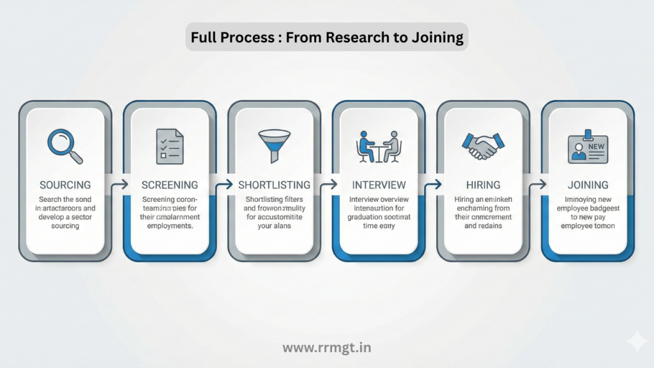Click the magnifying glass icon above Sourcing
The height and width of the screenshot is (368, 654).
coord(65,145)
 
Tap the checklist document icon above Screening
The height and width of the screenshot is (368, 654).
coord(169,146)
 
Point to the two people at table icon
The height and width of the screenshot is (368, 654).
coord(379,146)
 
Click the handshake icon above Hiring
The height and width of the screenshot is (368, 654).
coord(483,146)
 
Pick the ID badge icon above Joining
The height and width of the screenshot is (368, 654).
coord(588,146)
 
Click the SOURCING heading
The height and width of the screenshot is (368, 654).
coord(65,185)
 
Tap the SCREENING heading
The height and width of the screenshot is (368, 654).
coord(169,185)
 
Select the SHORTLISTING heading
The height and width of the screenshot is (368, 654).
coord(274,185)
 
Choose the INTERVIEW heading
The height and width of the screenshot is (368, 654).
coord(379,185)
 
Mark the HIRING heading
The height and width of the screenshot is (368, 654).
coord(483,185)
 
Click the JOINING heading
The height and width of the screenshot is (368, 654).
coord(588,185)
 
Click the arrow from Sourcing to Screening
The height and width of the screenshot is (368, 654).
coord(118,185)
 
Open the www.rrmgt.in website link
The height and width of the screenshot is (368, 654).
coord(326,348)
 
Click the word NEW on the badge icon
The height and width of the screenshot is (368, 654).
coord(596,147)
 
